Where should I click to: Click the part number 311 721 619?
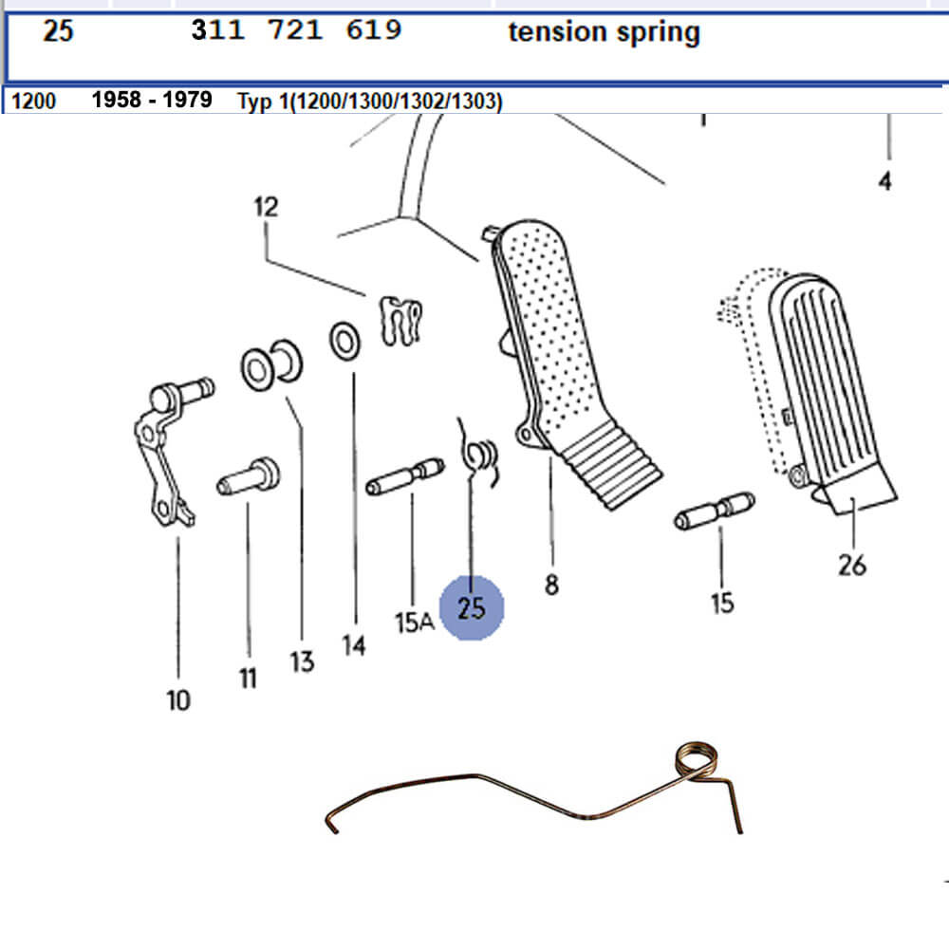[x=296, y=31]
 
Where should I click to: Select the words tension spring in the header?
[x=604, y=32]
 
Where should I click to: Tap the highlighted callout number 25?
[x=472, y=607]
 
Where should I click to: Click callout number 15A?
[x=414, y=623]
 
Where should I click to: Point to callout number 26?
[x=852, y=566]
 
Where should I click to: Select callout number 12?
[x=267, y=207]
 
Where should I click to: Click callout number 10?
[x=178, y=701]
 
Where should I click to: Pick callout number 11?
[x=248, y=679]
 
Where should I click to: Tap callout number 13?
[x=302, y=661]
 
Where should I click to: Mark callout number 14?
[x=354, y=647]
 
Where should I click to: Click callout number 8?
[x=551, y=586]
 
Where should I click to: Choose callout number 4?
[x=884, y=180]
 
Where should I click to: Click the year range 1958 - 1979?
[x=152, y=100]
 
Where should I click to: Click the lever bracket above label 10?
[x=163, y=456]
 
